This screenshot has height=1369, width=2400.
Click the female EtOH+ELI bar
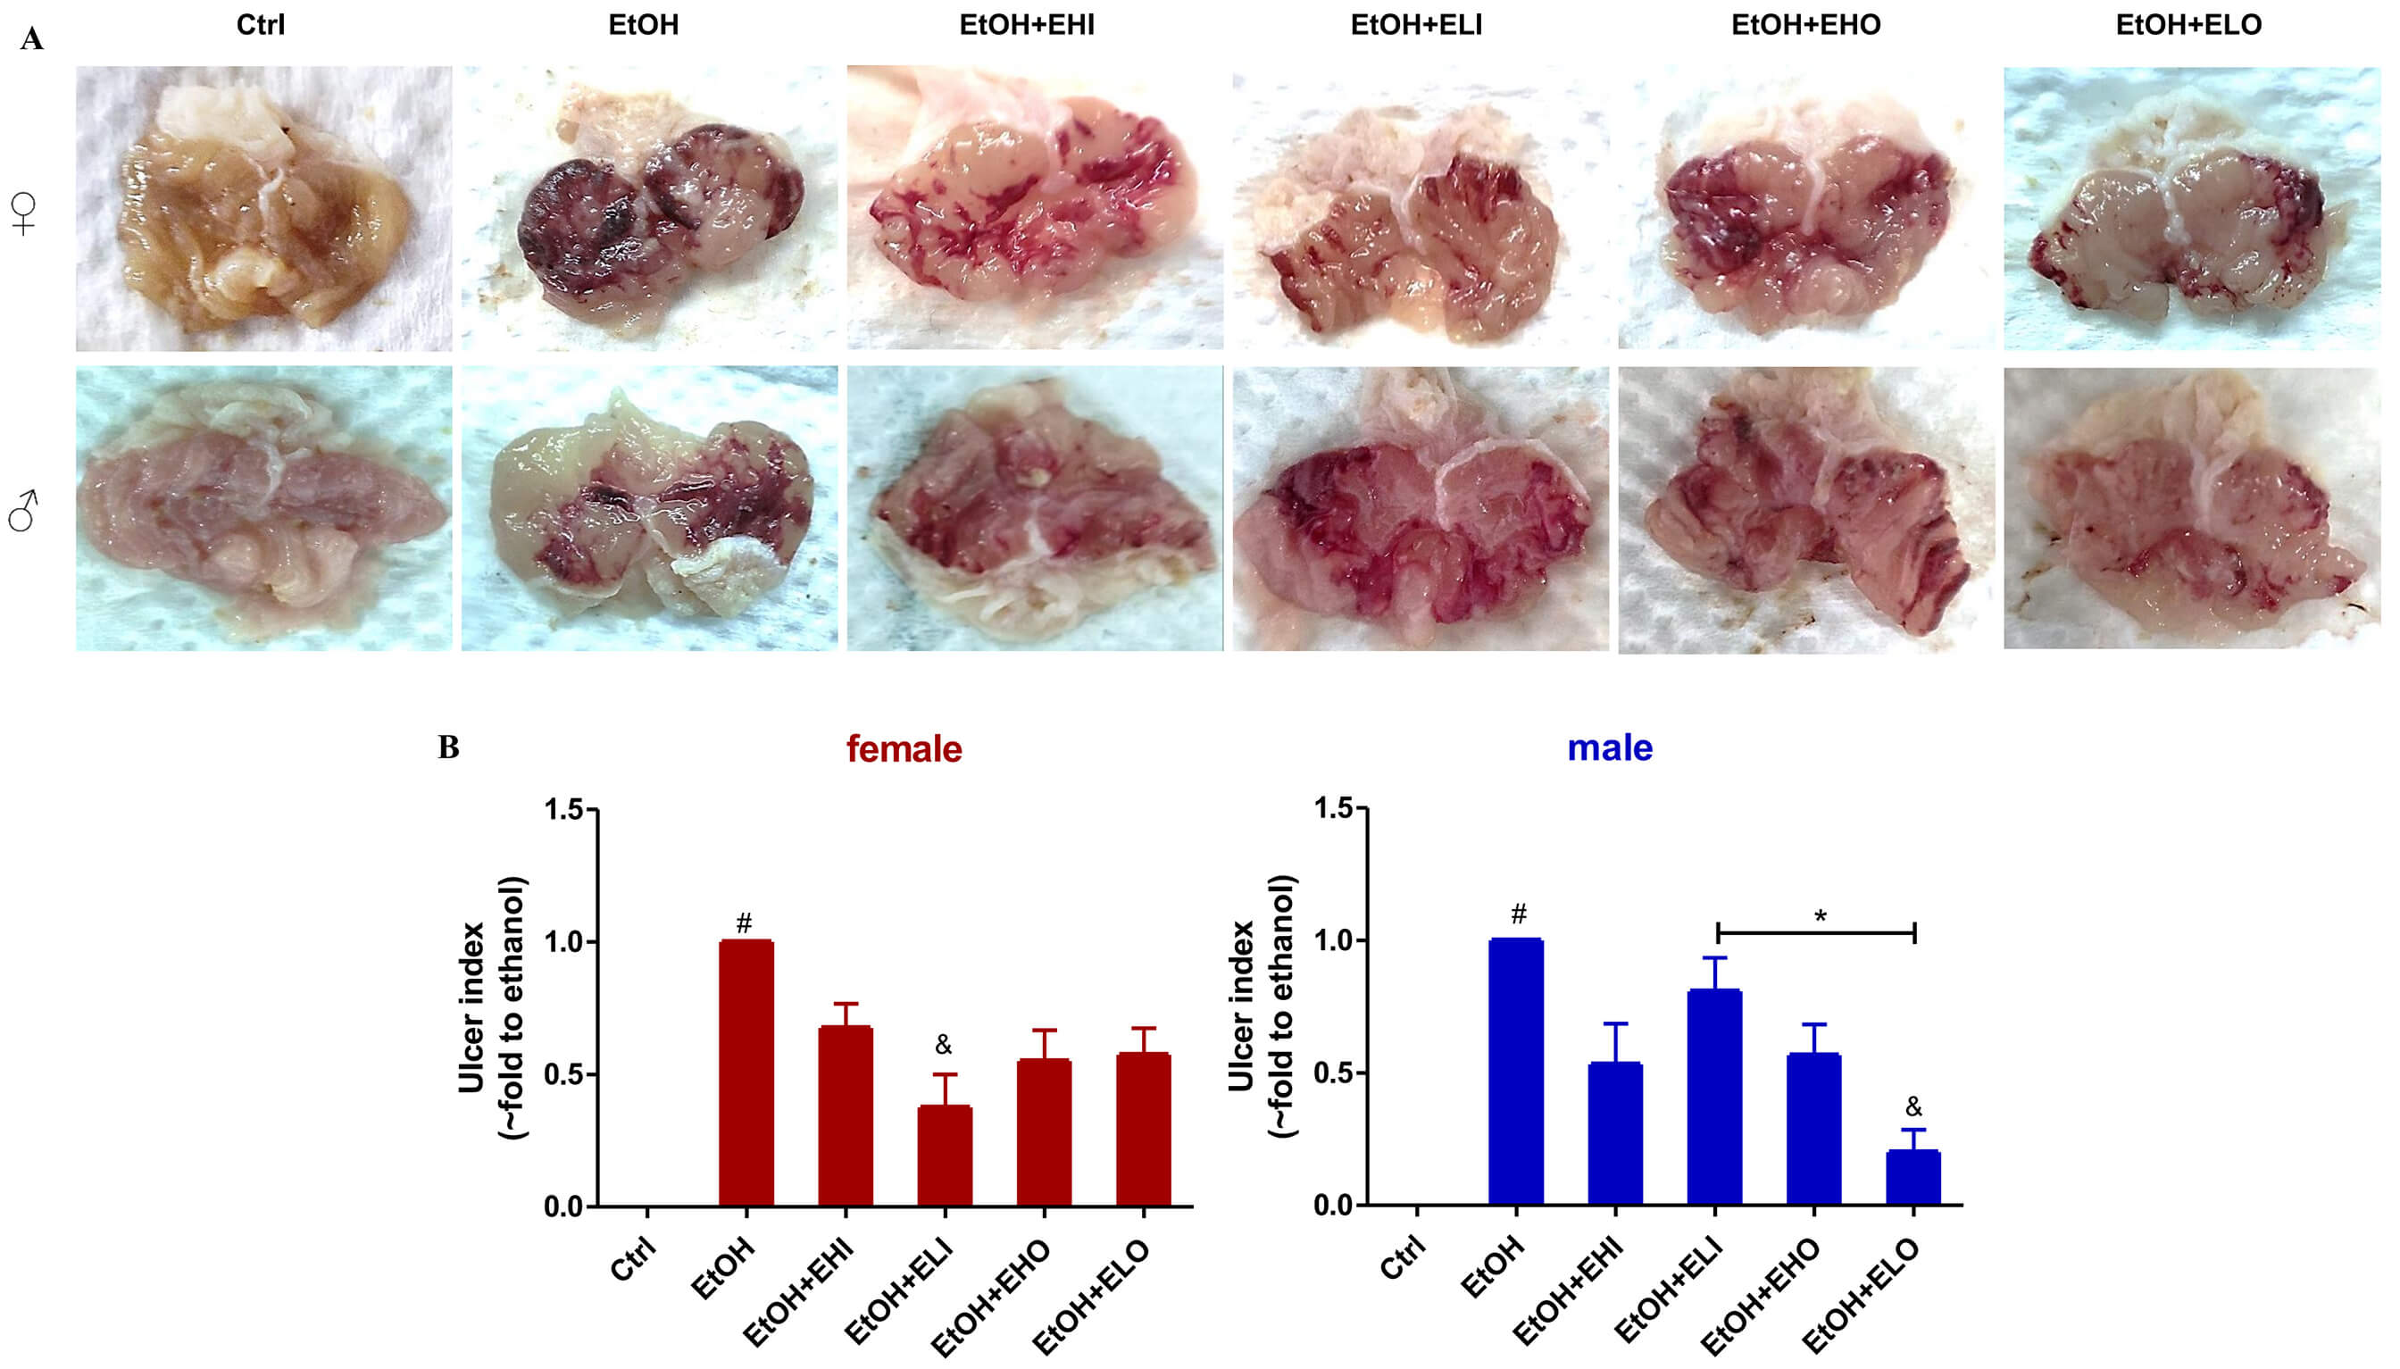(945, 1156)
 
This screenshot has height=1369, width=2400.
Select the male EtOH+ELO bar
(1913, 1177)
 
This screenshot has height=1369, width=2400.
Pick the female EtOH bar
(746, 1073)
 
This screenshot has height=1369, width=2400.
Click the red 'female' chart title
(904, 749)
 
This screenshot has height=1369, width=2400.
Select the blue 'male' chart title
(1610, 748)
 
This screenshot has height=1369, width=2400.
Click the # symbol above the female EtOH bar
(745, 923)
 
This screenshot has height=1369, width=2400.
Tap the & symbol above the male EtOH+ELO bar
(1913, 1106)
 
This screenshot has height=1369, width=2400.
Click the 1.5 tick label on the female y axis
(564, 810)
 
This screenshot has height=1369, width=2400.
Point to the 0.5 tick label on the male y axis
(1335, 1073)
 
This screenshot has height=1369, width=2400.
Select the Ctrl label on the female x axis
(633, 1259)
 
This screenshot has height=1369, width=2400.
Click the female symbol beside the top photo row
(23, 213)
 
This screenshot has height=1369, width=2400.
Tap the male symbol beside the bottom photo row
(22, 511)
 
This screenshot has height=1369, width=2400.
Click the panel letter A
(32, 39)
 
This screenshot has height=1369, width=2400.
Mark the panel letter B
(448, 747)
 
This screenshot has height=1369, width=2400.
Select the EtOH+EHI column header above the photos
(1027, 24)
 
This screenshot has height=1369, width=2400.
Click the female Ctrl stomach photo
(263, 208)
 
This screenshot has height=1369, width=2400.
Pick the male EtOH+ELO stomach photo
(2191, 509)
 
